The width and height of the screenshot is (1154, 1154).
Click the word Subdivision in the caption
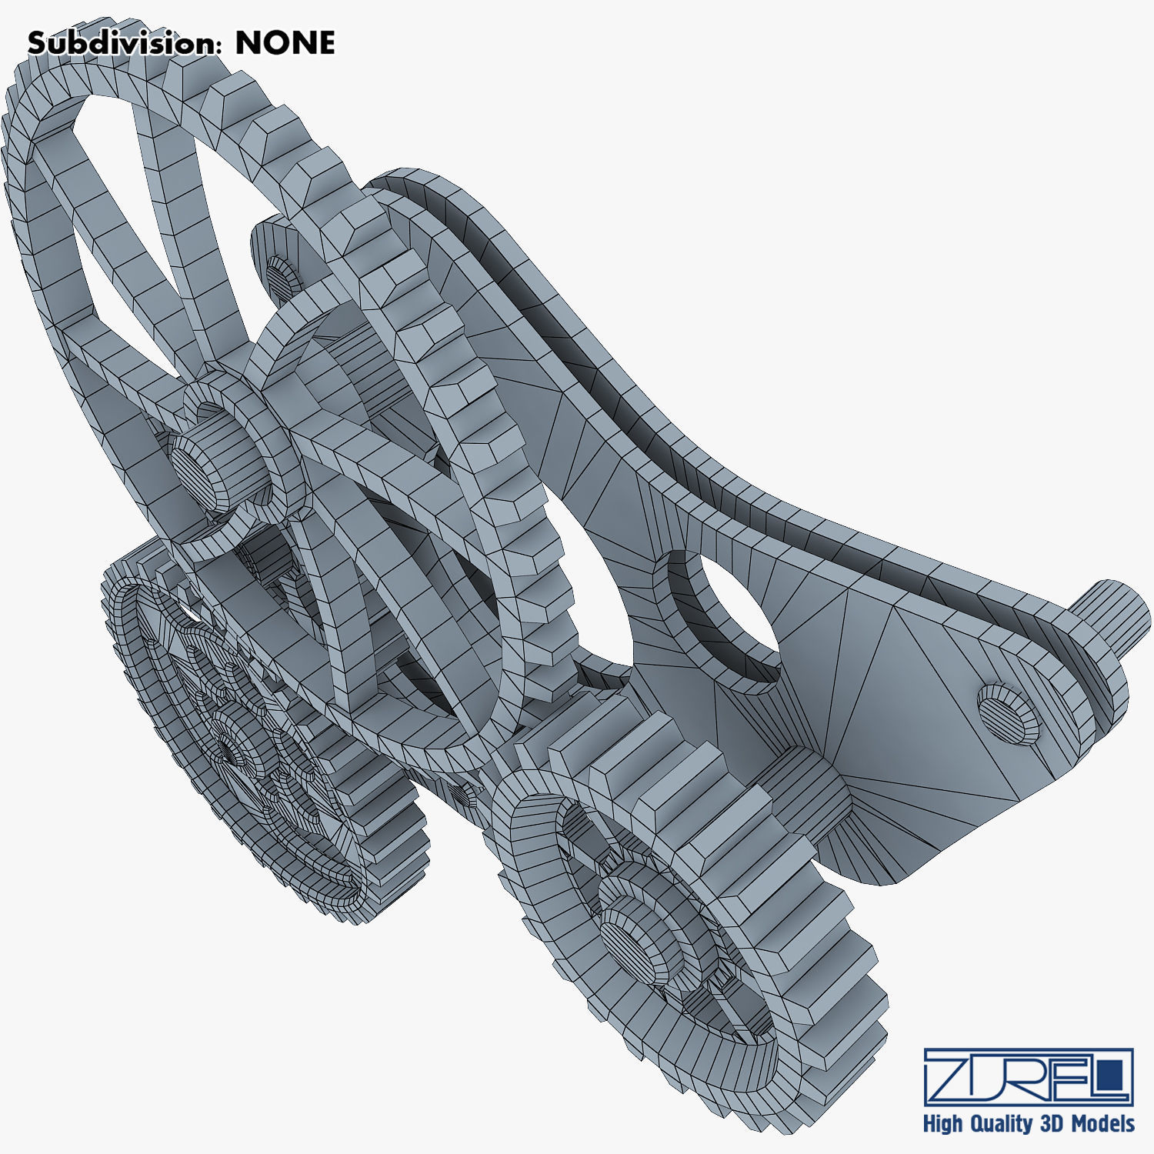click(x=120, y=43)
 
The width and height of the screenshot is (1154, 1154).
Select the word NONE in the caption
click(x=285, y=43)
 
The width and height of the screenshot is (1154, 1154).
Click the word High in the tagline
click(x=942, y=1124)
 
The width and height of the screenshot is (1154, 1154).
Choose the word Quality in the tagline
click(x=999, y=1124)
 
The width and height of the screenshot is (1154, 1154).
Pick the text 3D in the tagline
click(x=1052, y=1123)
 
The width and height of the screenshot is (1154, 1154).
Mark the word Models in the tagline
click(x=1102, y=1123)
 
